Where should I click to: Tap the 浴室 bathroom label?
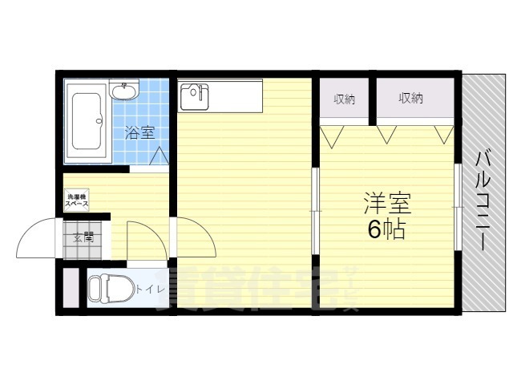pyautogui.click(x=141, y=133)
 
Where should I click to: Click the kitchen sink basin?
pyautogui.click(x=195, y=96)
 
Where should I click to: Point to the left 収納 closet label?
pyautogui.click(x=345, y=99)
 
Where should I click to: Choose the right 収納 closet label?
pyautogui.click(x=410, y=99)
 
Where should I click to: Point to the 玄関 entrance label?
pyautogui.click(x=83, y=237)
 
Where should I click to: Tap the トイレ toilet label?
pyautogui.click(x=149, y=290)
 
